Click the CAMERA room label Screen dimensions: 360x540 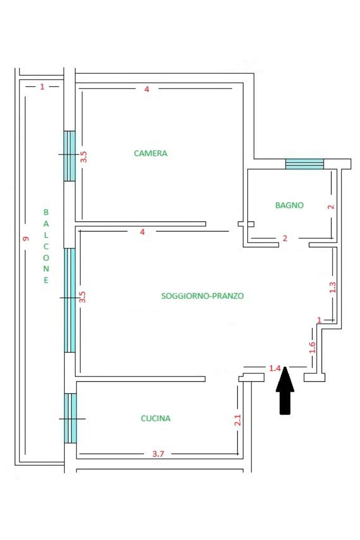click(x=150, y=153)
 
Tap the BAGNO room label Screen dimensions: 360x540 click(x=289, y=205)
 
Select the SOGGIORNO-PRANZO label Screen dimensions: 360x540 click(x=202, y=296)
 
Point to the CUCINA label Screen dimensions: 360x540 click(x=155, y=418)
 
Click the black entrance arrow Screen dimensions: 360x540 click(x=285, y=390)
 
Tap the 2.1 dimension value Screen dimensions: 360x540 click(x=238, y=420)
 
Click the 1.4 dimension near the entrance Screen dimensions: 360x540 click(x=275, y=368)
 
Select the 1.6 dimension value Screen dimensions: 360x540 click(x=312, y=347)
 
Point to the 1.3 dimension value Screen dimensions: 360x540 click(x=332, y=287)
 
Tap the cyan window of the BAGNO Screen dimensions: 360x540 click(x=304, y=164)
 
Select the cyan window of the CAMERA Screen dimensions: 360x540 click(x=70, y=156)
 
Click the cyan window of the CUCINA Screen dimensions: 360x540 click(x=70, y=418)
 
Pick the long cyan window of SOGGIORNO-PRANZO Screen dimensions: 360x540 click(x=70, y=300)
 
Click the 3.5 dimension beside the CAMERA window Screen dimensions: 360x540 click(x=83, y=157)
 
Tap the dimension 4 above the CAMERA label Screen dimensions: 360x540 click(x=147, y=89)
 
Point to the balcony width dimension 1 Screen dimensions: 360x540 click(x=42, y=86)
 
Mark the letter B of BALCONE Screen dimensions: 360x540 click(x=45, y=212)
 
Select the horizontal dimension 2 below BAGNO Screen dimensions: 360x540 click(x=285, y=238)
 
